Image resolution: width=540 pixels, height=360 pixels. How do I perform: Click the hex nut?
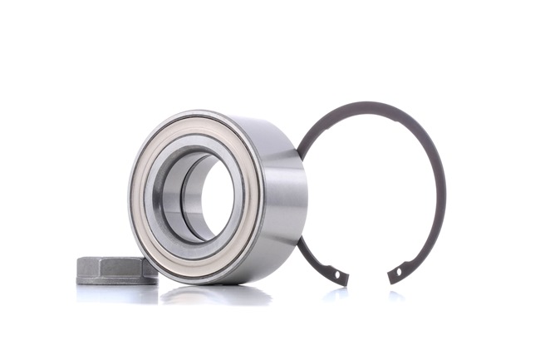[x=116, y=269]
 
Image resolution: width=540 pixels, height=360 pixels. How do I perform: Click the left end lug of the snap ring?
[x=340, y=275]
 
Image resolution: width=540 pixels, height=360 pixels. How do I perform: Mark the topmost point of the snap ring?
[x=374, y=104]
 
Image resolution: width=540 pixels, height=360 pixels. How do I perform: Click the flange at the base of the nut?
[x=116, y=279]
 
